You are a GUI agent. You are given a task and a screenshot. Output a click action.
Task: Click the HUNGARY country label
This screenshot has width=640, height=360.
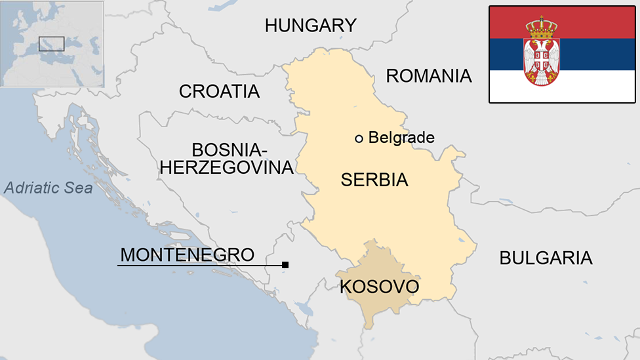310,26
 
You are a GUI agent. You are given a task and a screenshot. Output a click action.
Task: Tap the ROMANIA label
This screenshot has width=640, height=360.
428,76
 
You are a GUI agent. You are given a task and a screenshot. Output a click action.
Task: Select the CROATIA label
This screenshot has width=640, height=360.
219,92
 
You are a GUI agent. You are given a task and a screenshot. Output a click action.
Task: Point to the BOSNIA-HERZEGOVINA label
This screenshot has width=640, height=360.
226,158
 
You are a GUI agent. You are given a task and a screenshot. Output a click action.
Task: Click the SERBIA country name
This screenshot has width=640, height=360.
374,180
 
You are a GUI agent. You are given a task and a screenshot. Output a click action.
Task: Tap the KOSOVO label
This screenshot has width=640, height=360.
379,287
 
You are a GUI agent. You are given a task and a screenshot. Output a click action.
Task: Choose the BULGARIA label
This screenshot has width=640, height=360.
546,258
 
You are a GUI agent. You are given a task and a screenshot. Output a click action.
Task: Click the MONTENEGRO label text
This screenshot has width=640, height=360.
187,254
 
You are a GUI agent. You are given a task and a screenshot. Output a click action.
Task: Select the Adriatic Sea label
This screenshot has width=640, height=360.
48,188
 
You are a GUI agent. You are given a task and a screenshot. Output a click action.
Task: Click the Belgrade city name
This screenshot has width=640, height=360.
401,138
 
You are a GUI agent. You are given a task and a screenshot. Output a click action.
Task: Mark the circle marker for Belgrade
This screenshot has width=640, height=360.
359,138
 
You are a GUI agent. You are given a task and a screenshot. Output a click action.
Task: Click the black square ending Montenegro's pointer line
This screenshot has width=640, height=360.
285,265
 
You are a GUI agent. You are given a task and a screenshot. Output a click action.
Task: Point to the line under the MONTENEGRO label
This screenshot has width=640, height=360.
197,265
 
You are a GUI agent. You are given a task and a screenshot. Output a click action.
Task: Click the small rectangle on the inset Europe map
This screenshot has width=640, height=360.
51,44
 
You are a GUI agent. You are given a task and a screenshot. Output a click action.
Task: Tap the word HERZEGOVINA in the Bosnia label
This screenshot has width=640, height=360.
226,167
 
